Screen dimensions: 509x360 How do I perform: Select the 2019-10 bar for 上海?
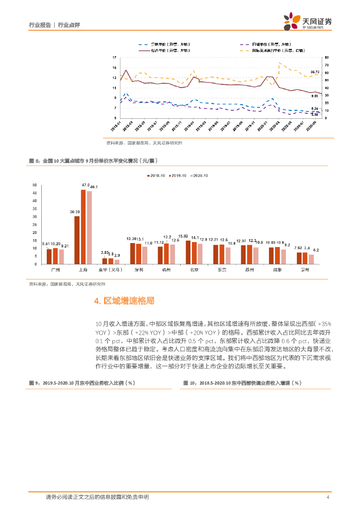click(84, 227)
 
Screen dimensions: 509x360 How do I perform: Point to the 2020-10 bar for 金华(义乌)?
click(117, 261)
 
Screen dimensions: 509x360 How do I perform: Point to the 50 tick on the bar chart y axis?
click(34, 185)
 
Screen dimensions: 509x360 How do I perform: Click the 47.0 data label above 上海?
click(85, 185)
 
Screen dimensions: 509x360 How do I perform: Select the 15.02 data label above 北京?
click(183, 237)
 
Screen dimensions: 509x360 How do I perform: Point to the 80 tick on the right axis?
click(327, 57)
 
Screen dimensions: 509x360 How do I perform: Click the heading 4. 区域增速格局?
click(124, 301)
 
